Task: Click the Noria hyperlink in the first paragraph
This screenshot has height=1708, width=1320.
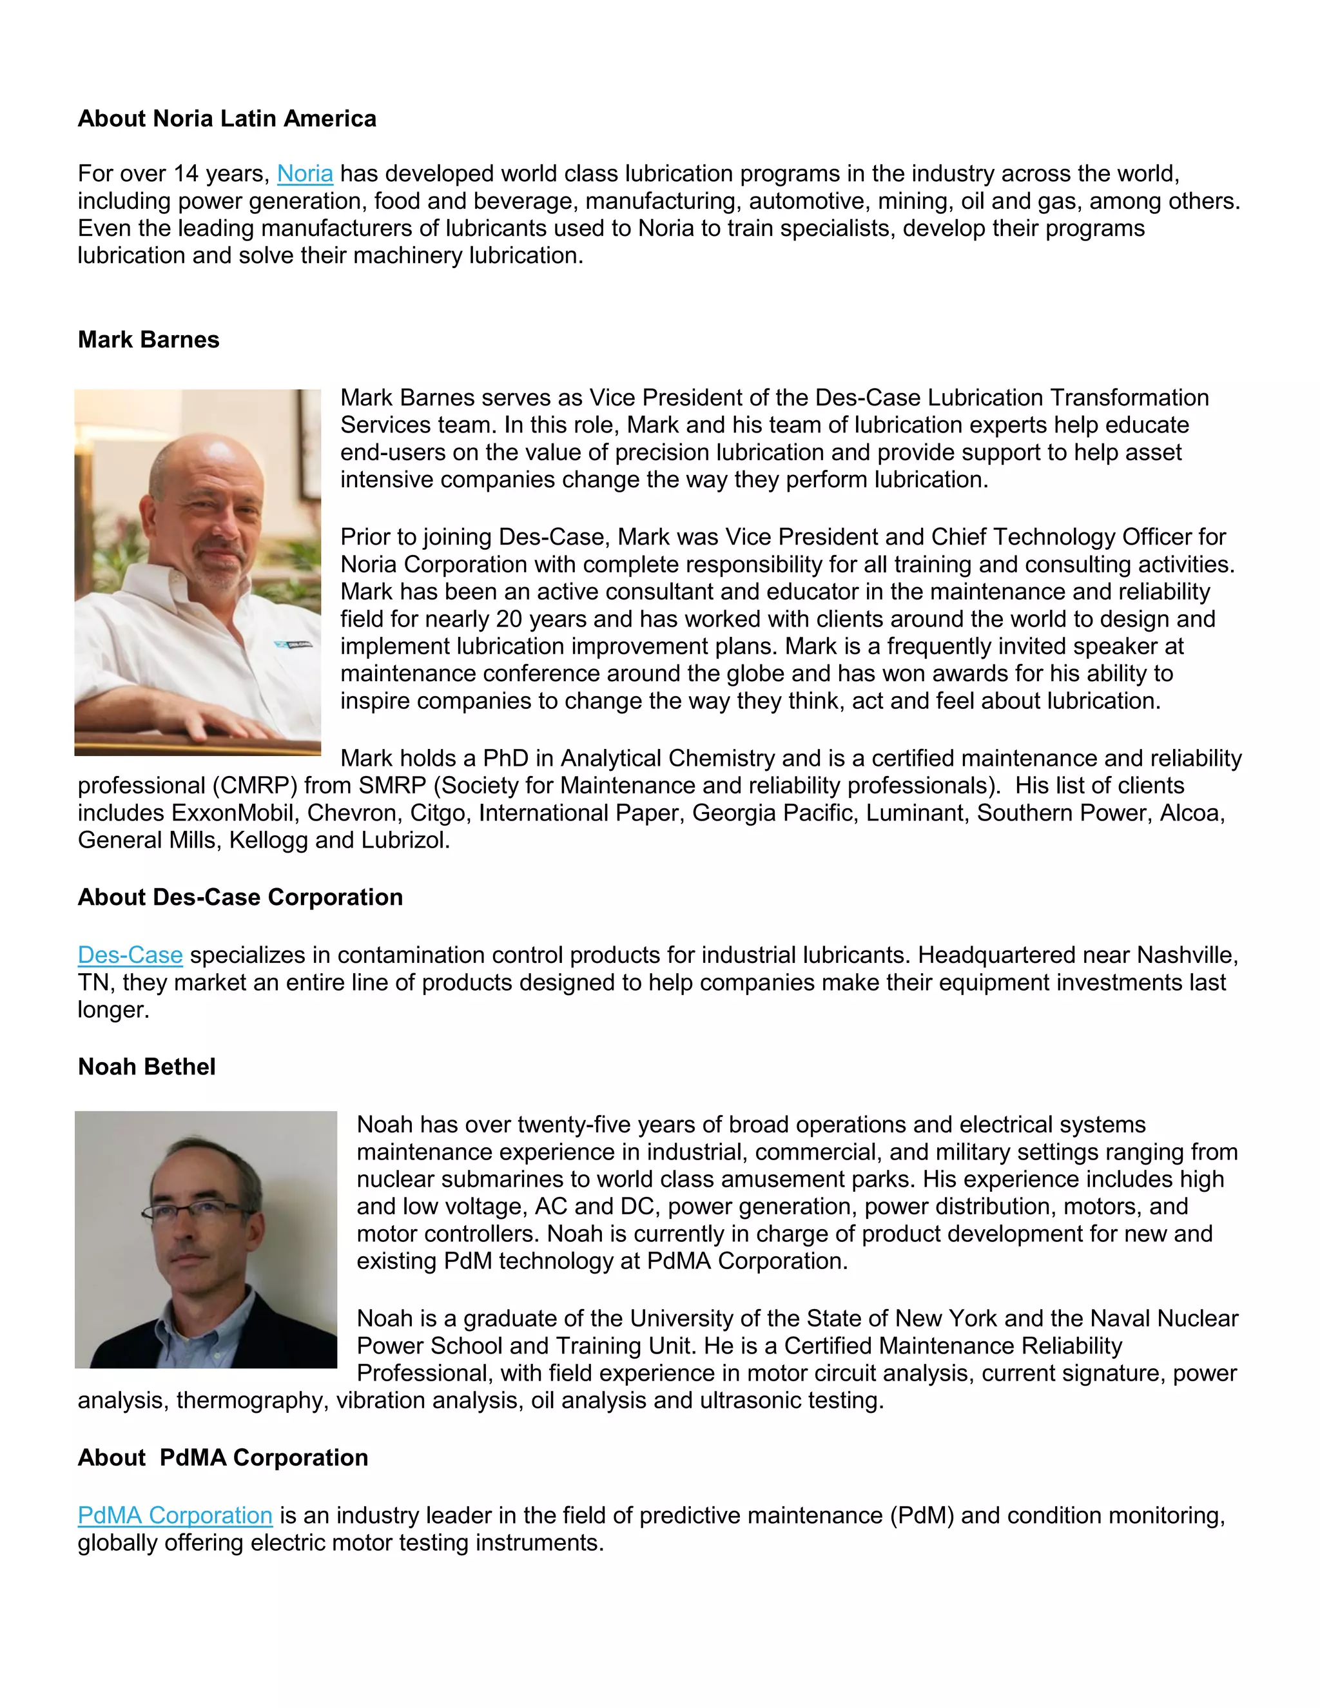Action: click(305, 173)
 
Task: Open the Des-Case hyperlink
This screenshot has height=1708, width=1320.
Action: click(130, 955)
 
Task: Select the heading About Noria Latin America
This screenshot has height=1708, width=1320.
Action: click(227, 118)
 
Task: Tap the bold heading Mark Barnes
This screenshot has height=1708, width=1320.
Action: click(149, 340)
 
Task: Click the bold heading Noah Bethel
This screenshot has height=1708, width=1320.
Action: click(146, 1067)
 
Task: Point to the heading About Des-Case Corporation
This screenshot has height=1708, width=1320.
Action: click(240, 897)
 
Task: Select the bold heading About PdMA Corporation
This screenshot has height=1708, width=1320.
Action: click(223, 1457)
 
